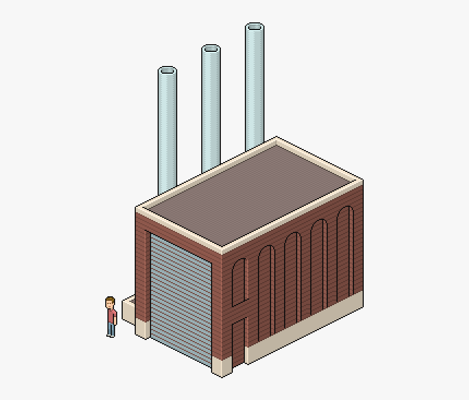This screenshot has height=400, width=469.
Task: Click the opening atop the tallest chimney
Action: click(255, 27)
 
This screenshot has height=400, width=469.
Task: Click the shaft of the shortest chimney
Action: click(167, 131)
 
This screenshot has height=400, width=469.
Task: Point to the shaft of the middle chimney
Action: click(211, 109)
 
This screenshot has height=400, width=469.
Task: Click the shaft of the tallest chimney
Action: click(255, 87)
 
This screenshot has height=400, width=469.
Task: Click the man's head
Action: click(110, 302)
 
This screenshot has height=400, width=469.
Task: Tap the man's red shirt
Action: click(111, 316)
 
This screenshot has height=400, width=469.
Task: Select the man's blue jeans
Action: click(111, 329)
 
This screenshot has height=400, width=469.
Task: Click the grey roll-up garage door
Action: click(181, 300)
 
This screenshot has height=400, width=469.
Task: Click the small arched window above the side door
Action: click(239, 281)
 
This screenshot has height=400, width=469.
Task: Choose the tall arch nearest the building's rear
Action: click(345, 254)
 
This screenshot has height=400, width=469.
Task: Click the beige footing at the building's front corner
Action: click(222, 367)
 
